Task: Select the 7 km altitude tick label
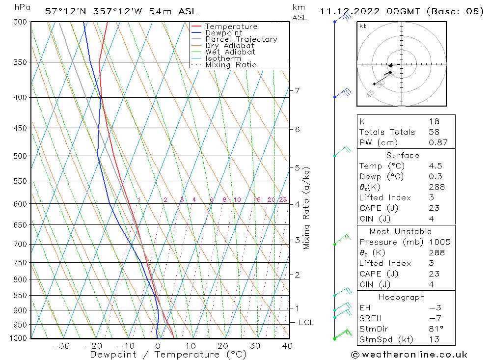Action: pyautogui.click(x=297, y=90)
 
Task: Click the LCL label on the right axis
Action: pyautogui.click(x=306, y=323)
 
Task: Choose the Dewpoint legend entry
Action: pyautogui.click(x=223, y=33)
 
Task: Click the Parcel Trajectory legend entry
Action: pyautogui.click(x=241, y=39)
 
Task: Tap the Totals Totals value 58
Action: pyautogui.click(x=434, y=132)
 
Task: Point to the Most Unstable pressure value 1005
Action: pyautogui.click(x=439, y=242)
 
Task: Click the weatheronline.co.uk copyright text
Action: pyautogui.click(x=409, y=355)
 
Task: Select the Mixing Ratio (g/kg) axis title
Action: pyautogui.click(x=307, y=208)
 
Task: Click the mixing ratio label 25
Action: pyautogui.click(x=283, y=199)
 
